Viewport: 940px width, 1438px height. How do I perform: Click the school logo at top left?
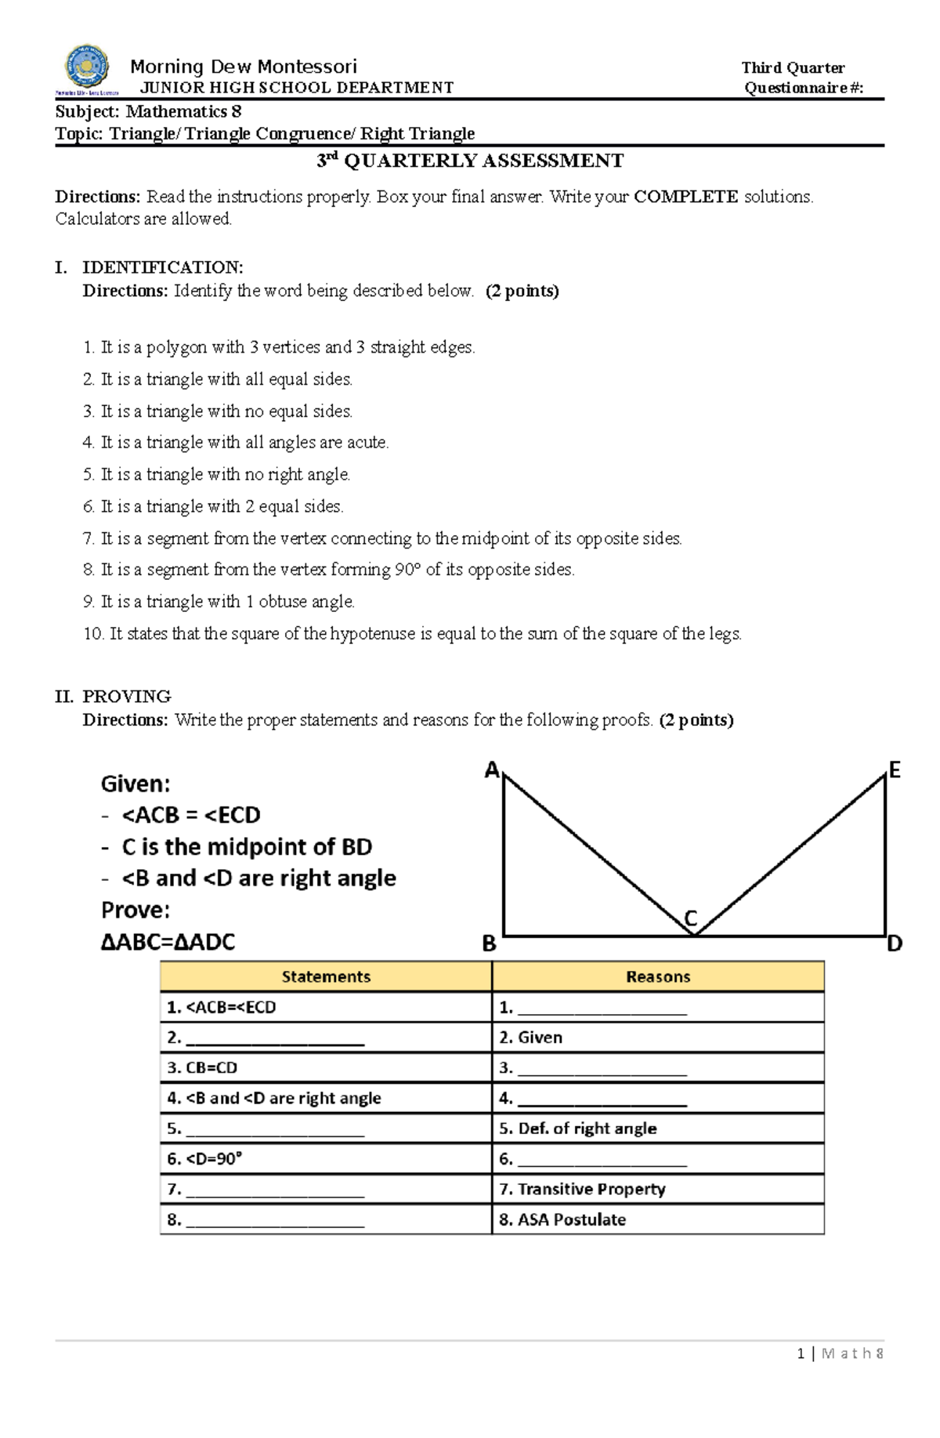click(86, 68)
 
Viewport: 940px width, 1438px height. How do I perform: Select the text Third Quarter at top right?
click(793, 68)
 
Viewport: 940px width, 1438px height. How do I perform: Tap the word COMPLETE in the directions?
click(685, 197)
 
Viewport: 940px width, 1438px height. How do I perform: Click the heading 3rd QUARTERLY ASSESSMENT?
click(470, 161)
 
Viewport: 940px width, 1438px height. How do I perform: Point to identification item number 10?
click(93, 634)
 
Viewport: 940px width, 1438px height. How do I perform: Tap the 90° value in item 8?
click(407, 570)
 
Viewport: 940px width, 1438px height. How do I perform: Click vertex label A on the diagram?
click(492, 770)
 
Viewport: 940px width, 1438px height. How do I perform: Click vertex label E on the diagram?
click(894, 770)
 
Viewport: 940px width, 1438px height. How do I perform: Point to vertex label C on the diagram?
click(690, 918)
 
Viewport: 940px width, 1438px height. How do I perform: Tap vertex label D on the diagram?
click(894, 944)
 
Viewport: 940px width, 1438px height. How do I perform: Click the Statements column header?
click(326, 976)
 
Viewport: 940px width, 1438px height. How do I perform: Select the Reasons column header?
click(658, 976)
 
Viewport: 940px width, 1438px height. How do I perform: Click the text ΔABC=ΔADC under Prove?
click(168, 942)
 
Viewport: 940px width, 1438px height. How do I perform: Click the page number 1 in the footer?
click(801, 1353)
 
